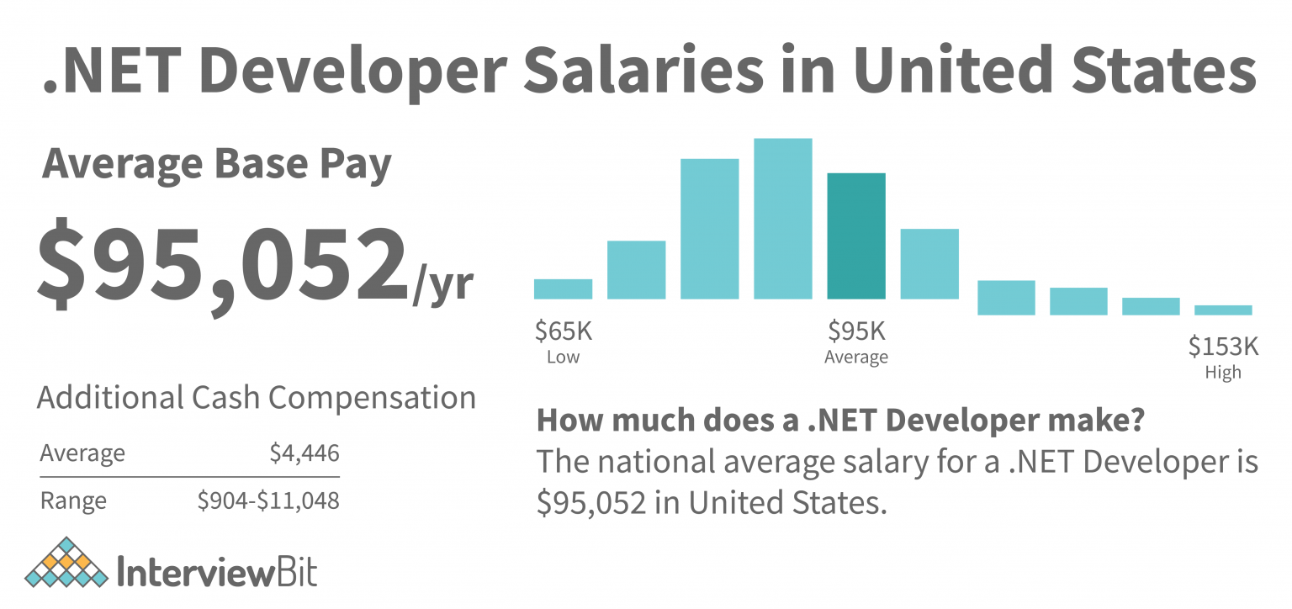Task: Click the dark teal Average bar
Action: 856,236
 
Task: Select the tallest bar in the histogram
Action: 783,219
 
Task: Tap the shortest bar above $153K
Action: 1223,310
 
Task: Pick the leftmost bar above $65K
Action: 563,289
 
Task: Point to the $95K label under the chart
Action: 856,331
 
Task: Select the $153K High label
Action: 1222,346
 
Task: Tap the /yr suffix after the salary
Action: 442,286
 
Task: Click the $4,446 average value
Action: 304,454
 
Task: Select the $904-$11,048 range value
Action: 268,501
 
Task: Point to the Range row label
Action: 73,501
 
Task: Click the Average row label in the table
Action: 82,454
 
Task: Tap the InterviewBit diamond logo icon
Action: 67,563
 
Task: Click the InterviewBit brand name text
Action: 216,571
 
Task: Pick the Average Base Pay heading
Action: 217,165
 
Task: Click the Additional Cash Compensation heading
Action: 257,397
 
